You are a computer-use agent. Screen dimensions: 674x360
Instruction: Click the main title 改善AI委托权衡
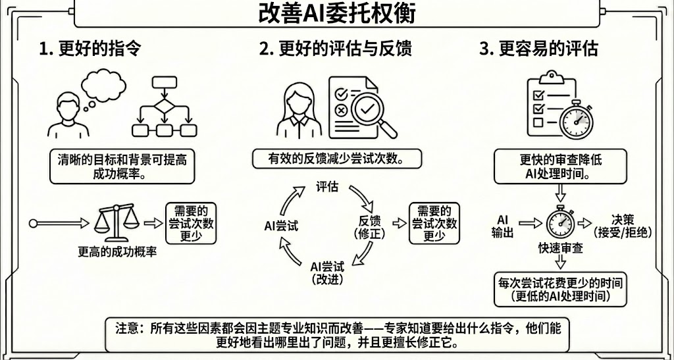tap(336, 14)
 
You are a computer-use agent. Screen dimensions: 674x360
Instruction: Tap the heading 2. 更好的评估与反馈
tap(336, 49)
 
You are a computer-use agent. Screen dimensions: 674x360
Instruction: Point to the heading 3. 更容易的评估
tap(538, 49)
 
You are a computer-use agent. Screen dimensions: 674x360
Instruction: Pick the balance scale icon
tap(117, 223)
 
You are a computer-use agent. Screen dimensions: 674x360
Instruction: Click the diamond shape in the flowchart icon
tap(164, 106)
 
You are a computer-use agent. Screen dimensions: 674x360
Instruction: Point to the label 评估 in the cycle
tap(327, 188)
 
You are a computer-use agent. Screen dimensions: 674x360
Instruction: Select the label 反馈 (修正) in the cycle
tap(370, 227)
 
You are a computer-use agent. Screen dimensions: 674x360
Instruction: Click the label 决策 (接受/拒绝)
tap(622, 226)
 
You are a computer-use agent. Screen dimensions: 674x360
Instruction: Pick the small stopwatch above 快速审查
tap(560, 222)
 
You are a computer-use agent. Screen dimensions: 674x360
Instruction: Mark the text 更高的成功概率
tap(117, 252)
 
